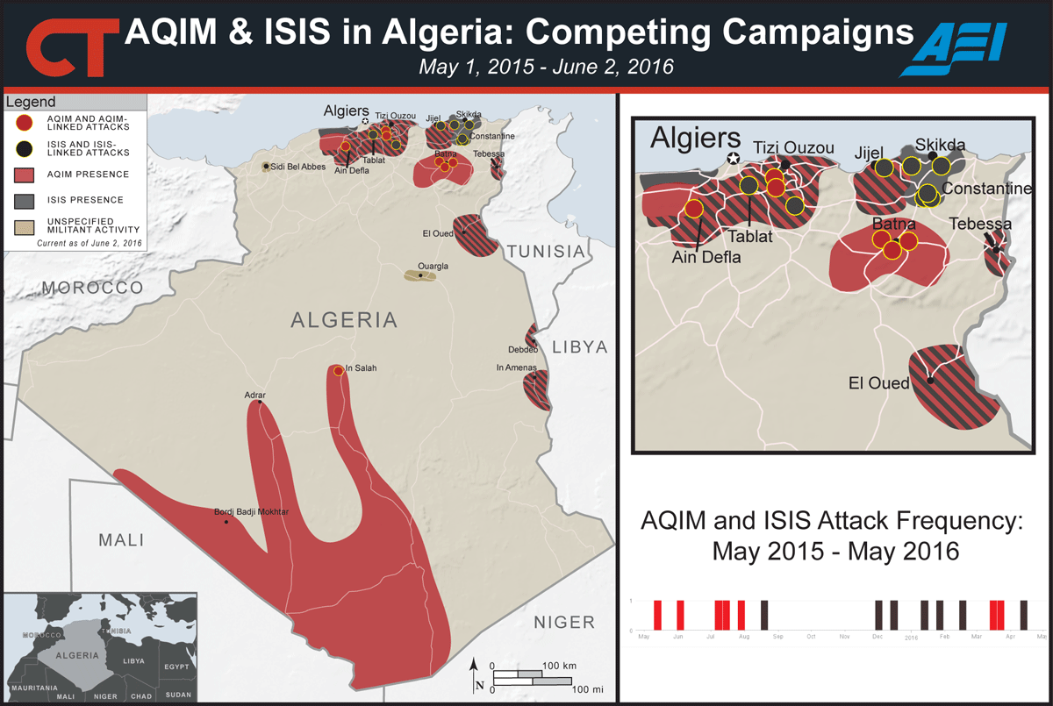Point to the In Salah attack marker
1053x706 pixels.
339,370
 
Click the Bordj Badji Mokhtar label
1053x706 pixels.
252,512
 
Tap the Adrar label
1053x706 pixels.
254,396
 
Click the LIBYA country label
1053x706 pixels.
578,347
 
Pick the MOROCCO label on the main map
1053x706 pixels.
93,288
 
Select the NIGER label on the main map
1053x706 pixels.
564,622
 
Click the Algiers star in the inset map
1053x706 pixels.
733,158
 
